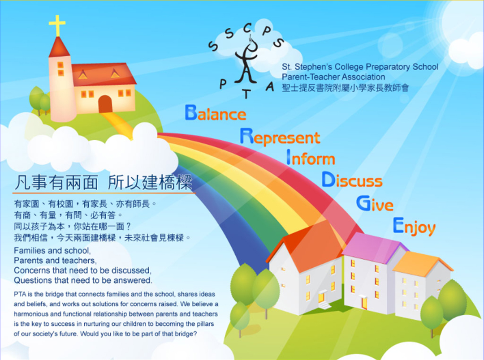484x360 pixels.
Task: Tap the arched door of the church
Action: (x=105, y=104)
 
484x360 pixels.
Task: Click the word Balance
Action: (x=216, y=112)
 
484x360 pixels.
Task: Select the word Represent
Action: (x=280, y=137)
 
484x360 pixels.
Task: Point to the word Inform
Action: (x=311, y=158)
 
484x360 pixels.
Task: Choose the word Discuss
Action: (x=352, y=180)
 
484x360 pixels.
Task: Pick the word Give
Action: (x=375, y=203)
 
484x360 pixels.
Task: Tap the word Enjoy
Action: (x=414, y=226)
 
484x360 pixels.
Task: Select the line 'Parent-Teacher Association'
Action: (x=333, y=77)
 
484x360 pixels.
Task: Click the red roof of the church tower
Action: (x=59, y=47)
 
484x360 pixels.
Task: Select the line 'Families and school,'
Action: (x=52, y=250)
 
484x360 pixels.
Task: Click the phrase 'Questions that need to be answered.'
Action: (x=83, y=280)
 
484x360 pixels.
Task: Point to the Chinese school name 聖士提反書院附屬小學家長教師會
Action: (x=346, y=88)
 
